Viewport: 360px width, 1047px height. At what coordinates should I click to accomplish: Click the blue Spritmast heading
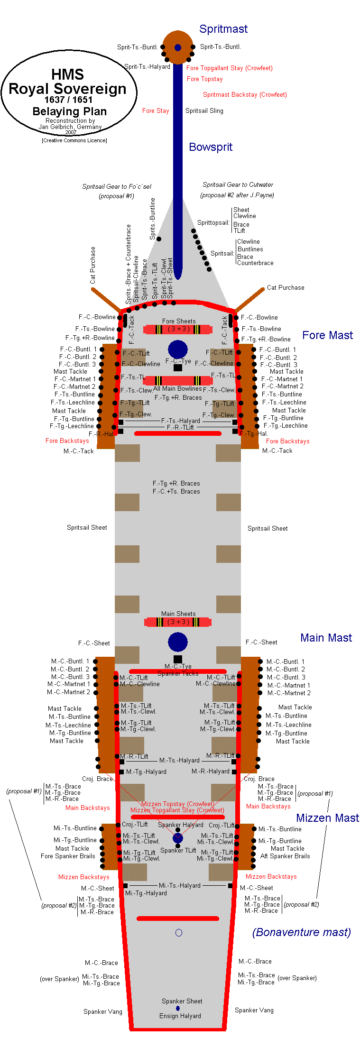point(223,29)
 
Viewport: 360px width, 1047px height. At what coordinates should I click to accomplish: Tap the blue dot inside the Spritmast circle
point(178,47)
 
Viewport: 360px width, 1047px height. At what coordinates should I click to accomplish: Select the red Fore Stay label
point(156,110)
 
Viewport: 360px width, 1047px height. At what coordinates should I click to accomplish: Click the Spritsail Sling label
point(204,110)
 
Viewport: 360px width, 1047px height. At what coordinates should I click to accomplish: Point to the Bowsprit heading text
point(211,147)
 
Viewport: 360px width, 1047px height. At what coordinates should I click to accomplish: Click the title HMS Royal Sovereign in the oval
point(67,82)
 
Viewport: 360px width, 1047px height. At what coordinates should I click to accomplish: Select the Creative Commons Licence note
point(74,140)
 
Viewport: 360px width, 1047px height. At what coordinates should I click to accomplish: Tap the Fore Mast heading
point(327,335)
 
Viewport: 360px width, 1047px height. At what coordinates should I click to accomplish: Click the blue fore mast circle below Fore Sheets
point(178,349)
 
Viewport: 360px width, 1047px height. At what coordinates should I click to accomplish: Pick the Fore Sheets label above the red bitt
point(179,321)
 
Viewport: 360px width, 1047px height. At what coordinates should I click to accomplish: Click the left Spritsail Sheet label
point(87,527)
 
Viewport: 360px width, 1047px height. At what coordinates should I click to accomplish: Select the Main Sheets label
point(178,614)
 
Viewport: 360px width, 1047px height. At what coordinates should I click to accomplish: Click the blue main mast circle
point(178,642)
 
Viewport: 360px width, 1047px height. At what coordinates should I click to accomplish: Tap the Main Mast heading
point(326,638)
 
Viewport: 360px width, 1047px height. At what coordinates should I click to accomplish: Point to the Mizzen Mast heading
point(327,818)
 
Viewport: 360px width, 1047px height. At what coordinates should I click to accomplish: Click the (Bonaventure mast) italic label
point(302,933)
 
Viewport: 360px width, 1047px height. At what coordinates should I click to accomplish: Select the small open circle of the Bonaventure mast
point(179,933)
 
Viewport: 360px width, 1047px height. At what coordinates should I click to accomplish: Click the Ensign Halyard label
point(180,1016)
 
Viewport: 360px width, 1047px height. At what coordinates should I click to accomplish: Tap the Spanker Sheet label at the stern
point(182,1001)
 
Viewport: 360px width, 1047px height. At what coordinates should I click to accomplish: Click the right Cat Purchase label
point(286,287)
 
